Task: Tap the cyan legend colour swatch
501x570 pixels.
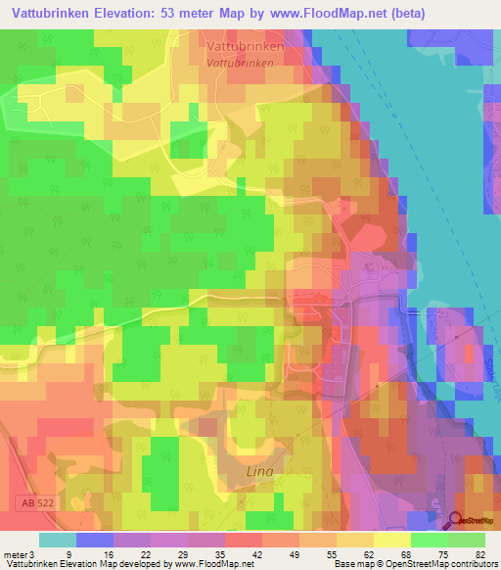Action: tap(57, 540)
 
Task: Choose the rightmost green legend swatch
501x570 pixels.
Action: tap(468, 540)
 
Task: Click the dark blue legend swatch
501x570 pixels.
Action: tap(94, 540)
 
